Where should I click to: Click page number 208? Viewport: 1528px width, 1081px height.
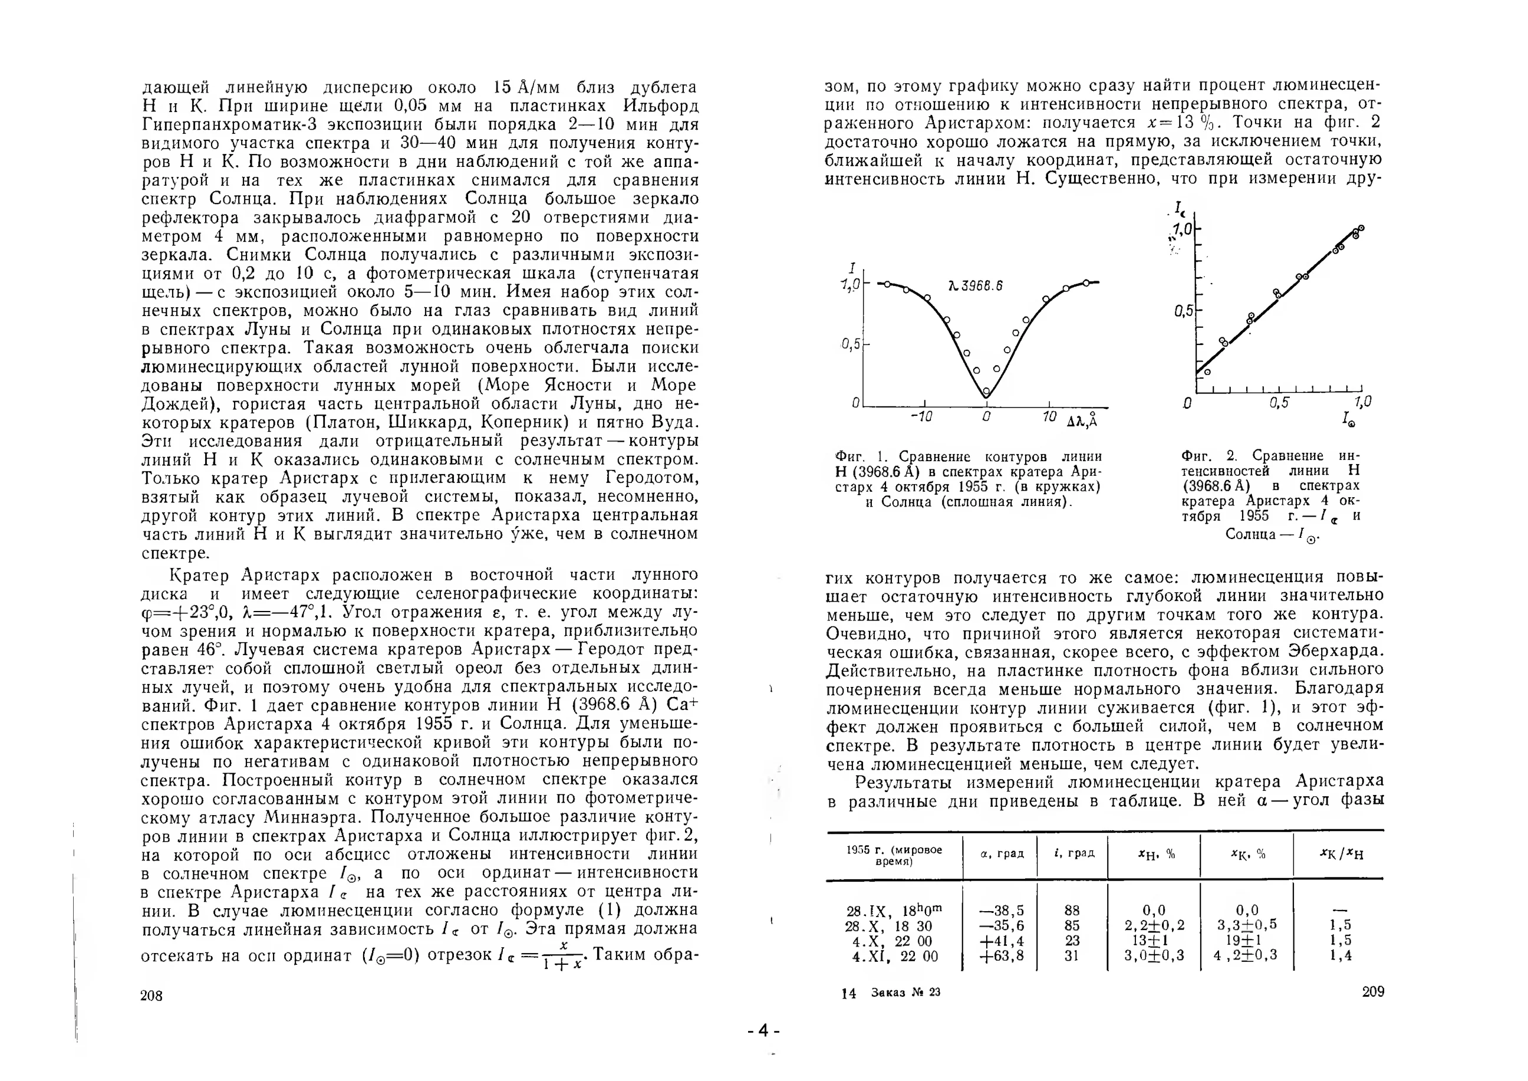[152, 995]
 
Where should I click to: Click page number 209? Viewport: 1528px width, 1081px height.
[1373, 992]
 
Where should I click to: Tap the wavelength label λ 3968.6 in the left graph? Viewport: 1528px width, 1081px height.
[975, 286]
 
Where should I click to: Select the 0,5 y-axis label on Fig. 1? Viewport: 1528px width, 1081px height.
[851, 344]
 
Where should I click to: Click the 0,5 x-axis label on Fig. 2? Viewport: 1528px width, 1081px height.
[1279, 403]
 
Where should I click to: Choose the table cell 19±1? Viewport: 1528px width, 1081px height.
[1246, 941]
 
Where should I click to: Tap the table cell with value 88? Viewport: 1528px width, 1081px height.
[1072, 911]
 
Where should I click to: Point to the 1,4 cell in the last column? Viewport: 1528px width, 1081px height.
[1340, 956]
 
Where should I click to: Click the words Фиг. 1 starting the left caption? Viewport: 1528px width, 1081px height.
[862, 457]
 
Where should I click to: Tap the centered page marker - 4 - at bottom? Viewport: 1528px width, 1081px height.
[763, 1031]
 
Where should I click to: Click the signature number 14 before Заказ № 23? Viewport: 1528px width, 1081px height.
[848, 994]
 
